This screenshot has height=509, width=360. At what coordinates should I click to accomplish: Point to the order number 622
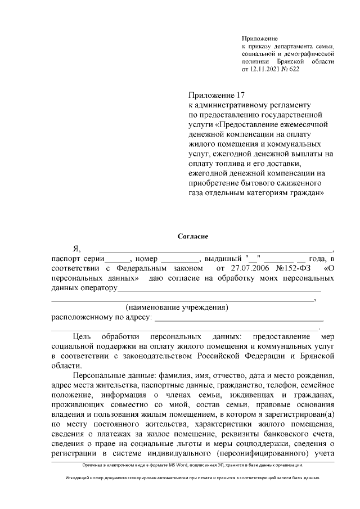[x=294, y=69]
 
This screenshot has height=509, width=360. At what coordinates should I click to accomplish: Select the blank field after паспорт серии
[x=118, y=259]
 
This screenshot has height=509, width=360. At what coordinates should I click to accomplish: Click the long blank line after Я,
[x=216, y=249]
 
